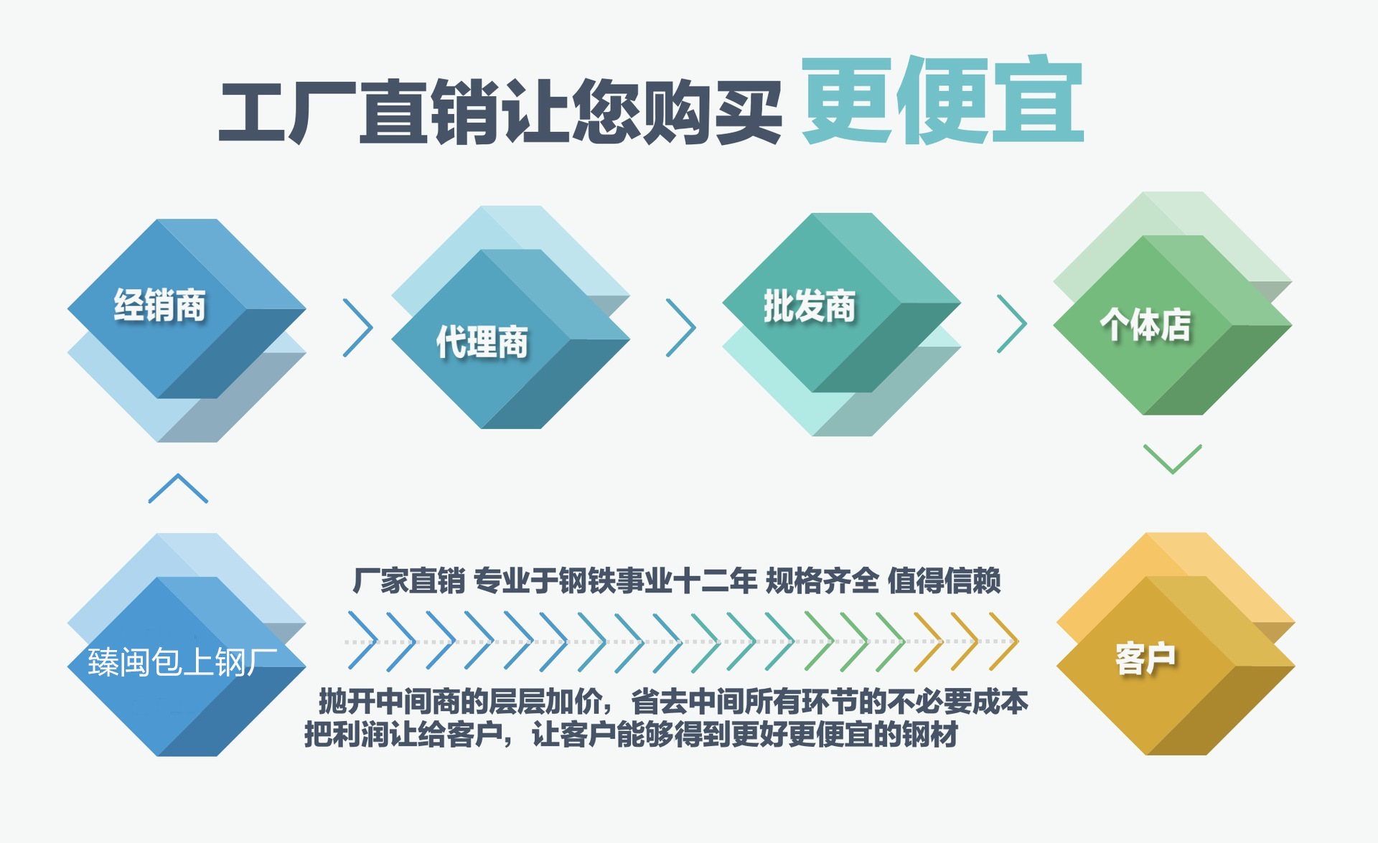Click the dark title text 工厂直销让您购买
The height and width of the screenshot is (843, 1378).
pos(500,112)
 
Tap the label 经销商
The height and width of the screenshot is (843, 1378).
pos(159,305)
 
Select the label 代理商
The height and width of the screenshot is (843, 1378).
pos(482,342)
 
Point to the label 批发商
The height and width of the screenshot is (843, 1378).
pos(810,306)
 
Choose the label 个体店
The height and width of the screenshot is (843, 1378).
pos(1145,324)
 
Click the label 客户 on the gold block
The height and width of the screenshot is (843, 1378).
pos(1145,659)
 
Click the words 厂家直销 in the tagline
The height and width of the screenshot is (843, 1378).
pos(408,580)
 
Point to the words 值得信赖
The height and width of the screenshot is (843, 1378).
pos(944,580)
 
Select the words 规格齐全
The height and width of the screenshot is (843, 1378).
pos(822,580)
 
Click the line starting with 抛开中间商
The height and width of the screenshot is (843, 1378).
pos(673,702)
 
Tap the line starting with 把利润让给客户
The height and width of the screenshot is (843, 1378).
pos(632,734)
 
